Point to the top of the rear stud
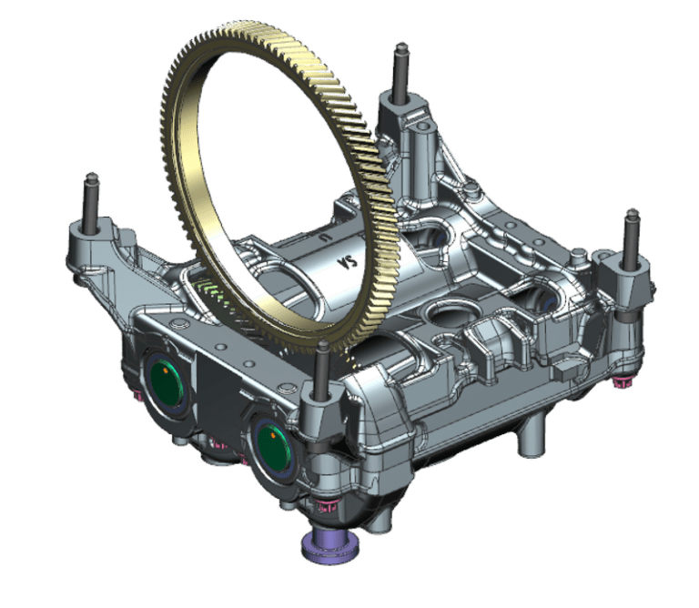point(398,48)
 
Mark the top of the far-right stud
point(633,217)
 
